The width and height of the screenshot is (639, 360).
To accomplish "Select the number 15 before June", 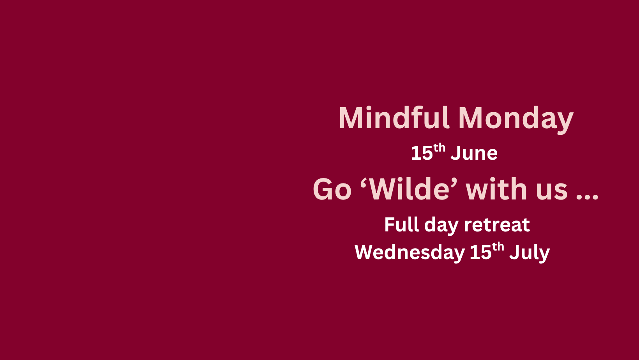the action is click(422, 153).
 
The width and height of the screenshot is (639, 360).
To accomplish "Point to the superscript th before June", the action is click(440, 148).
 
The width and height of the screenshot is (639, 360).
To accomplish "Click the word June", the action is click(474, 153).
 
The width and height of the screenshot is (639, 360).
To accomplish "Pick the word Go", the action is click(332, 189).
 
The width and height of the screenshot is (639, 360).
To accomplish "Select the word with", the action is click(496, 189).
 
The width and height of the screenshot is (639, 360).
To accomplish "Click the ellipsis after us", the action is click(587, 197).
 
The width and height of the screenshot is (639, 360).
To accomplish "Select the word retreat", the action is click(497, 225).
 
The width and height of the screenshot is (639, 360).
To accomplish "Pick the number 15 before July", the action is click(480, 252).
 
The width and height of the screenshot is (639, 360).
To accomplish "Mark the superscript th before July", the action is click(498, 247).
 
